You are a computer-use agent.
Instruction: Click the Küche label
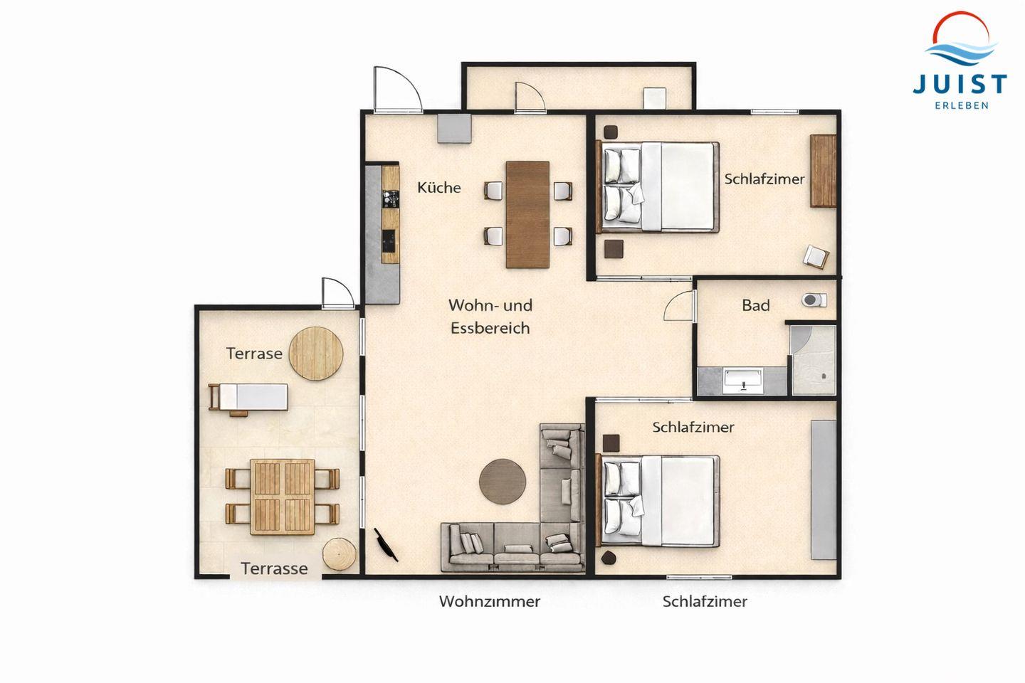pyautogui.click(x=438, y=188)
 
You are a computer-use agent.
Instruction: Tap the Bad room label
pyautogui.click(x=755, y=305)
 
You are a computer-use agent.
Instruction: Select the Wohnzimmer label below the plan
pyautogui.click(x=490, y=601)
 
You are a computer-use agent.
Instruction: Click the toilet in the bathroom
pyautogui.click(x=814, y=300)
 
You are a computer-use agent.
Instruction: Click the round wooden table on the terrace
pyautogui.click(x=316, y=354)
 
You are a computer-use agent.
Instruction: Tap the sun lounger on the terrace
pyautogui.click(x=248, y=397)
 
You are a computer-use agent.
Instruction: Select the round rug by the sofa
pyautogui.click(x=503, y=482)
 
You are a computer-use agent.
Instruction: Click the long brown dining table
pyautogui.click(x=527, y=215)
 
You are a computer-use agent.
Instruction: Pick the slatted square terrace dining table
pyautogui.click(x=283, y=497)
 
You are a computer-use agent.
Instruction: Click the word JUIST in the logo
pyautogui.click(x=960, y=85)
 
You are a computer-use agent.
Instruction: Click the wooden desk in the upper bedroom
pyautogui.click(x=823, y=171)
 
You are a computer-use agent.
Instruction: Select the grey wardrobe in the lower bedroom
pyautogui.click(x=824, y=489)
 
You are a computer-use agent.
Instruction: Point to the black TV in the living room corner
pyautogui.click(x=386, y=545)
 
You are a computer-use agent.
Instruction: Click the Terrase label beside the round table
pyautogui.click(x=254, y=354)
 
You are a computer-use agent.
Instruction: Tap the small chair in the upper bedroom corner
pyautogui.click(x=816, y=257)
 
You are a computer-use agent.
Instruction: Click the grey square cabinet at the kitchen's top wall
pyautogui.click(x=454, y=129)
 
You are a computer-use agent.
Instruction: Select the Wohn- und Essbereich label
pyautogui.click(x=490, y=317)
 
